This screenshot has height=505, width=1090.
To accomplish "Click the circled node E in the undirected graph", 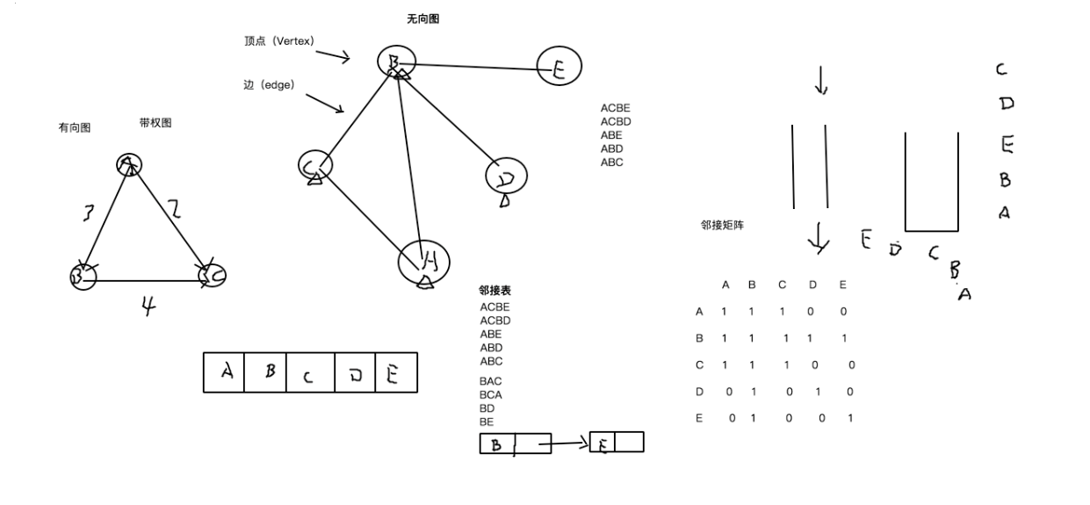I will tap(559, 68).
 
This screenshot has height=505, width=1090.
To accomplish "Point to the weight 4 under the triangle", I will tap(148, 305).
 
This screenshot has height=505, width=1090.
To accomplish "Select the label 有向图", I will tap(75, 128).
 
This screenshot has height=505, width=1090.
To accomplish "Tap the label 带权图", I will tap(155, 123).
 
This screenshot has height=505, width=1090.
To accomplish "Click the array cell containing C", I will tap(307, 373).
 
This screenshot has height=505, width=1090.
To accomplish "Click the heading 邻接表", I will tap(494, 290).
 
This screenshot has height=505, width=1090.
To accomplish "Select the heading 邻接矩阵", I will tap(722, 226).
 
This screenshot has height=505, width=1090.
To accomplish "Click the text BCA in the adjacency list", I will tap(491, 395).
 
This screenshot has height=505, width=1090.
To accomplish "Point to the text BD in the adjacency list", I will tap(487, 408).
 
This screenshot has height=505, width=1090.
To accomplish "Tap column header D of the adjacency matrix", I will tap(812, 285).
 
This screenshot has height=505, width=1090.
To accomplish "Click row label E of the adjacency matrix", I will tap(699, 418).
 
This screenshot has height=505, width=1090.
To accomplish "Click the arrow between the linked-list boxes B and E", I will tap(569, 444).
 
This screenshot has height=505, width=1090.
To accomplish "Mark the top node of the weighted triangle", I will tap(129, 164).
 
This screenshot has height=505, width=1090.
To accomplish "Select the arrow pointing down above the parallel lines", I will tap(821, 81).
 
